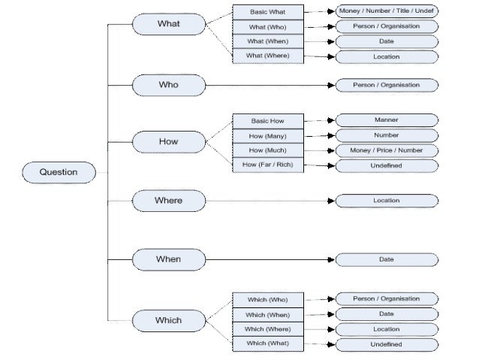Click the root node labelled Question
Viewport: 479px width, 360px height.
point(59,172)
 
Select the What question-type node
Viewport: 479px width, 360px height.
point(168,24)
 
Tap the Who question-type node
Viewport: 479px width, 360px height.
point(168,85)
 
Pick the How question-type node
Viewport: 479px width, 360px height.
point(168,141)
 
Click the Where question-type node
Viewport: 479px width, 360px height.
point(168,201)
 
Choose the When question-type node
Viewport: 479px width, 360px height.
point(168,259)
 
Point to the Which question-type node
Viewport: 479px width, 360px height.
point(168,320)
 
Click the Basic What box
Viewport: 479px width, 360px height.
point(267,12)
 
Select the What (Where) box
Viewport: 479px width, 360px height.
point(267,56)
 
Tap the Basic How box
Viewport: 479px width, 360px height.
point(267,120)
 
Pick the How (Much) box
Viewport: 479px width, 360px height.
point(267,150)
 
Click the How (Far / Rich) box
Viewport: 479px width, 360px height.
point(267,164)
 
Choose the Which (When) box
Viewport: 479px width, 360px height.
point(267,315)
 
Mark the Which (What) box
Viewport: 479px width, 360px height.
point(267,343)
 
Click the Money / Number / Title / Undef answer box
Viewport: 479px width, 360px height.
point(386,11)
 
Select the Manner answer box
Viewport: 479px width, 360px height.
point(386,119)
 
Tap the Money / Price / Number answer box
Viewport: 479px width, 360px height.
point(386,150)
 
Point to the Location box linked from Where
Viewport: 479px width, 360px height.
point(386,201)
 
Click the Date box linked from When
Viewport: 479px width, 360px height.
point(386,259)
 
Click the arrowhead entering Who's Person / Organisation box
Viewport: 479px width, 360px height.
point(331,85)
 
